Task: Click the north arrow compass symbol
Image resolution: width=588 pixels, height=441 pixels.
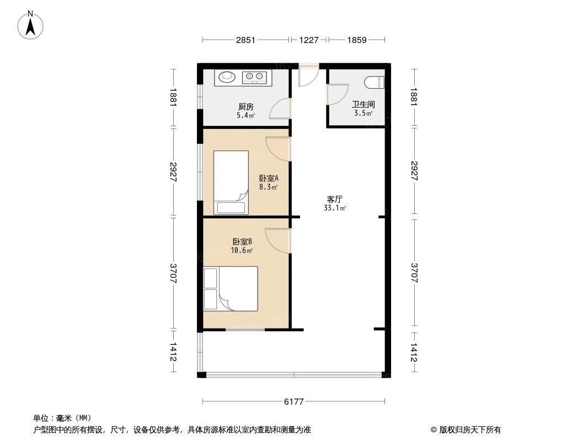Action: tap(31, 25)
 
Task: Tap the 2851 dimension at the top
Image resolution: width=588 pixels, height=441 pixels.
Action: tap(245, 40)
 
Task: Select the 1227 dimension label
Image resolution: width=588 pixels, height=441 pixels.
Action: tap(309, 40)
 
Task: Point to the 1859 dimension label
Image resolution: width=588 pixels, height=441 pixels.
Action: tap(357, 40)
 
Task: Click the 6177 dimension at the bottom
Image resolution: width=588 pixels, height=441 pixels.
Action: tap(293, 402)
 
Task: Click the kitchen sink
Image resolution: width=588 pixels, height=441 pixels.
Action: tap(227, 77)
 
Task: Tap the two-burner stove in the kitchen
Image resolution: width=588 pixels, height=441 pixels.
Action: tap(254, 77)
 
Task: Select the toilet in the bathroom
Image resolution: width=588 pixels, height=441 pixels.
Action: tap(375, 83)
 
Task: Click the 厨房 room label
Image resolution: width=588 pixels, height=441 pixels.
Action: tap(246, 107)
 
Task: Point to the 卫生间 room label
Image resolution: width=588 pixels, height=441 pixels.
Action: tap(363, 105)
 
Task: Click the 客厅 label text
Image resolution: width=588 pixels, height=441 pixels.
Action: tap(334, 199)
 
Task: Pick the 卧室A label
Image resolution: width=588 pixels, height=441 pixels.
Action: tap(269, 178)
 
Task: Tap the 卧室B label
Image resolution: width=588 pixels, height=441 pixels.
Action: tap(242, 241)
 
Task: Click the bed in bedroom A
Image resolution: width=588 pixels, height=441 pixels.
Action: tap(231, 182)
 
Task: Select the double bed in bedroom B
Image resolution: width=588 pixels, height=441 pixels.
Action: tap(231, 289)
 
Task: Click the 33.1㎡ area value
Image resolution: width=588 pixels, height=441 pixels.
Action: tap(334, 208)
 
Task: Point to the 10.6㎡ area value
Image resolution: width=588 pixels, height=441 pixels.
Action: tap(242, 251)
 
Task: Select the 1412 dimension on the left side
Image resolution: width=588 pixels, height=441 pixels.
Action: tap(173, 352)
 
